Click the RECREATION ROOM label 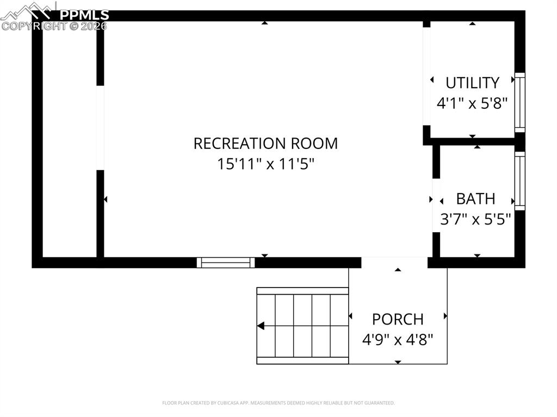[x=265, y=144]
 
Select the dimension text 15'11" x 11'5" [x=265, y=164]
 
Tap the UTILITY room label [x=472, y=83]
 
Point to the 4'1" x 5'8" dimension [x=472, y=103]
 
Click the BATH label [x=475, y=199]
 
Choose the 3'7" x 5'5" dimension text [x=475, y=219]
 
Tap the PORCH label [x=398, y=319]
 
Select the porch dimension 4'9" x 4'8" [x=398, y=340]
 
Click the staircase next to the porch [x=302, y=326]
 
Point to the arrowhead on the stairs [x=261, y=326]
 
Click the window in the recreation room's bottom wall [x=226, y=263]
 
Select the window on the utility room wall [x=520, y=103]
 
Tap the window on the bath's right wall [x=520, y=181]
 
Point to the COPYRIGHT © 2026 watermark [x=54, y=26]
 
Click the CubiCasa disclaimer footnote [x=278, y=403]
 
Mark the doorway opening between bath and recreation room [x=436, y=205]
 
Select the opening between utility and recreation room [x=426, y=76]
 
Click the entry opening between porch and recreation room [x=394, y=262]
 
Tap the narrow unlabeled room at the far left [x=69, y=141]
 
